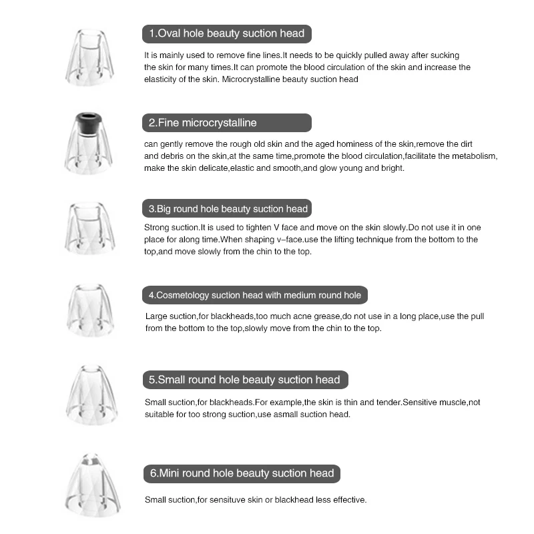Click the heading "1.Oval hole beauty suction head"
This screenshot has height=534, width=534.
click(x=226, y=33)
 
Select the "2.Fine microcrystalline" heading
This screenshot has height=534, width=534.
click(x=202, y=123)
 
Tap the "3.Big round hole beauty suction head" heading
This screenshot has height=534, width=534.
click(x=228, y=209)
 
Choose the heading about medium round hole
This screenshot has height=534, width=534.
click(x=254, y=295)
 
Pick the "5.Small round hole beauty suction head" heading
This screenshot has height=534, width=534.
click(x=244, y=380)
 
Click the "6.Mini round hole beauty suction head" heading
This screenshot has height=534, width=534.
click(x=241, y=473)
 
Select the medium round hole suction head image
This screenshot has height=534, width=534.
click(x=91, y=309)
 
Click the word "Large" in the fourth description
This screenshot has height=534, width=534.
click(x=156, y=316)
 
